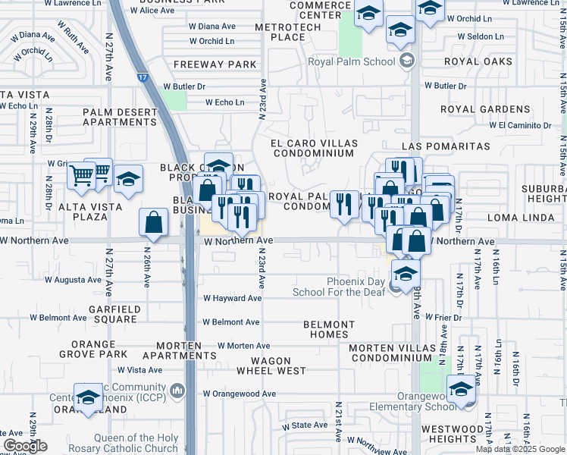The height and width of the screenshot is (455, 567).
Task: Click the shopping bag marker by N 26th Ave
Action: (x=153, y=224)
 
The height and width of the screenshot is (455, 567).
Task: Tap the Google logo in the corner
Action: (x=25, y=446)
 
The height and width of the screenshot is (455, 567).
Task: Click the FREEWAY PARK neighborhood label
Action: (x=215, y=64)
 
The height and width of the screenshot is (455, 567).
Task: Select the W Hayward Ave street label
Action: (x=232, y=299)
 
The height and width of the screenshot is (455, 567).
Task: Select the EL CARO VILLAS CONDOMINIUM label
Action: (x=313, y=147)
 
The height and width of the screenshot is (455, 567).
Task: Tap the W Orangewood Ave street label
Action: (x=239, y=394)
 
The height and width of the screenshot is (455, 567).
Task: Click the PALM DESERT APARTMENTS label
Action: (x=120, y=117)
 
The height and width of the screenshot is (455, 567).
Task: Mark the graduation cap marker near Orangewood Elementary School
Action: (x=461, y=388)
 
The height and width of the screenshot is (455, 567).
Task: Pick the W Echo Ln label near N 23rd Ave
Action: (x=224, y=102)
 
